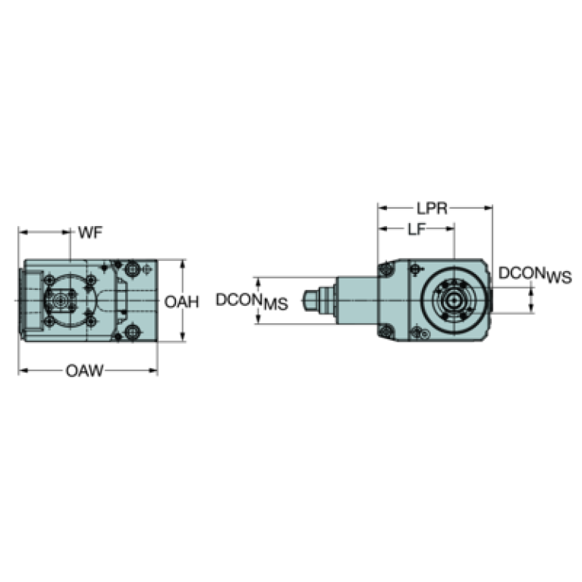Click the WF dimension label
click(90, 233)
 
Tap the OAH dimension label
click(181, 302)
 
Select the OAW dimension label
click(85, 370)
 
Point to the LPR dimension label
click(432, 209)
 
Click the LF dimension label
click(416, 229)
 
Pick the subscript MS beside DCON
click(275, 304)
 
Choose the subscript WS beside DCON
click(559, 277)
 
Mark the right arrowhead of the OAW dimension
click(153, 370)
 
